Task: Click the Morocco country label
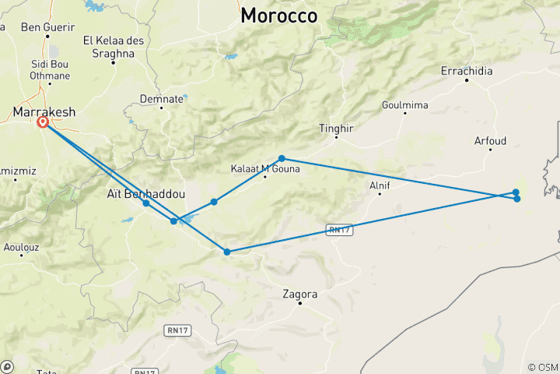pos(278,16)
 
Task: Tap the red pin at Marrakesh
pos(43,122)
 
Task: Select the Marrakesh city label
pos(44,112)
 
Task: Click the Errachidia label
pos(467,71)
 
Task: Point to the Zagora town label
pos(300,295)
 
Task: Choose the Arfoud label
pos(490,141)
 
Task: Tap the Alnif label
pos(380,185)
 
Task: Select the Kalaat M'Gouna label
pos(262,168)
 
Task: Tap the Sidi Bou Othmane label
pos(50,70)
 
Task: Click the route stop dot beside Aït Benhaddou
pos(146,203)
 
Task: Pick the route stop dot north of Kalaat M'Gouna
pos(282,158)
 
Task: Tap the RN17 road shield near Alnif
pos(336,229)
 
